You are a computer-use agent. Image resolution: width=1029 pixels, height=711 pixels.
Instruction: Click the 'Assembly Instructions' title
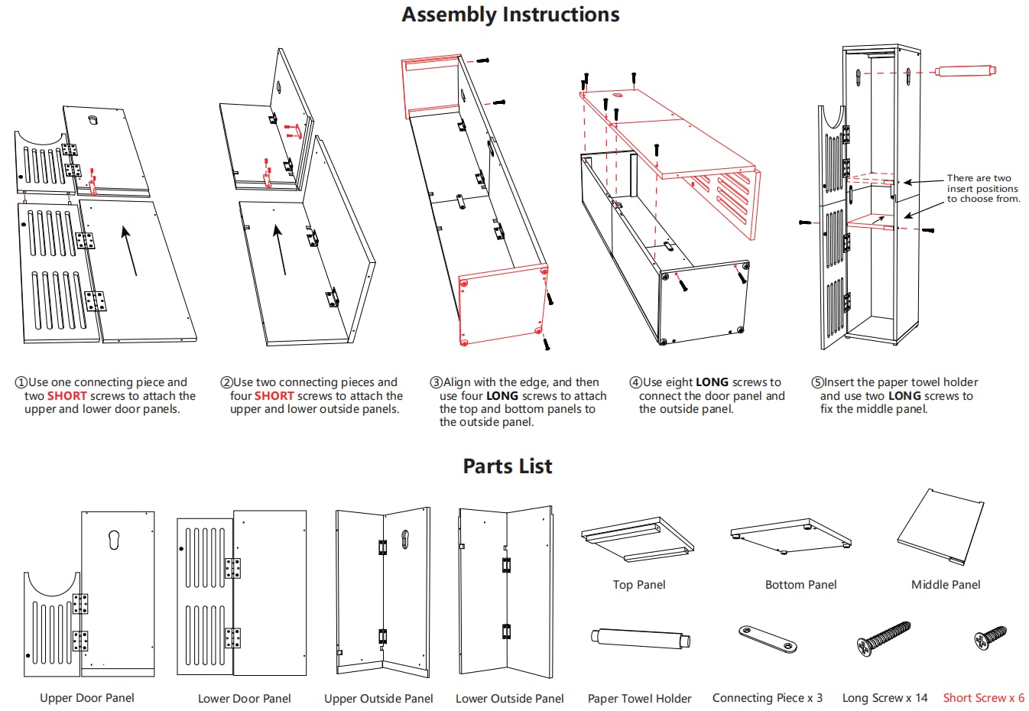[510, 15]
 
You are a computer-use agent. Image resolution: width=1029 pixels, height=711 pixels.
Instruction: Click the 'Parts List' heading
[508, 466]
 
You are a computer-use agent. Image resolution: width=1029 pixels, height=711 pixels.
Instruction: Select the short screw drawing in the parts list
[990, 636]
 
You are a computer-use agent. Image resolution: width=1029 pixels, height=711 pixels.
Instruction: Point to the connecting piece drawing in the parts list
[768, 638]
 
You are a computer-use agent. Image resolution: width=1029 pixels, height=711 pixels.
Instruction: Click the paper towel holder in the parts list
[640, 638]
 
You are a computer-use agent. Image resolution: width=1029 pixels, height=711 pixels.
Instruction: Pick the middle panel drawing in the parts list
[941, 528]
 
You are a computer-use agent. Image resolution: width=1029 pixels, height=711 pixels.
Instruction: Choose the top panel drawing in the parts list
[638, 540]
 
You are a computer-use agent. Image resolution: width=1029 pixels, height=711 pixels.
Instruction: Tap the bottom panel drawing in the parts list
[791, 534]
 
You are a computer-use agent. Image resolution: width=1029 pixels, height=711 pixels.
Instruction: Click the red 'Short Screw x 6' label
[983, 698]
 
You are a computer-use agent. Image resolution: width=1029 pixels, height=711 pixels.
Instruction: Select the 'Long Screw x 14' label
[885, 698]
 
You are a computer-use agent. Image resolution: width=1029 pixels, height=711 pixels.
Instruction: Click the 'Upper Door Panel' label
[87, 698]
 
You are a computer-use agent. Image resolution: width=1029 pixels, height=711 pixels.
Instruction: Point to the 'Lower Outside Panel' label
[509, 699]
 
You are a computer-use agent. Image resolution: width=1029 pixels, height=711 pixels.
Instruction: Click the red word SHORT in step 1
[67, 396]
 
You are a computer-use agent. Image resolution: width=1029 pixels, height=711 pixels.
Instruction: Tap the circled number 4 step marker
[635, 382]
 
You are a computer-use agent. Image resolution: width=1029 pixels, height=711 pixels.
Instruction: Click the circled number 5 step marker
[816, 382]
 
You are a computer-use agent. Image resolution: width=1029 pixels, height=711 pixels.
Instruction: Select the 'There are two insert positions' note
[983, 188]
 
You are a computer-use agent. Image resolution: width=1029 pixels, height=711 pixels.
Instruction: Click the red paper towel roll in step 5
[966, 71]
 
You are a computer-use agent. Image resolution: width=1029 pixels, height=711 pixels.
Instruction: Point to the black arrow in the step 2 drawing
[280, 249]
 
